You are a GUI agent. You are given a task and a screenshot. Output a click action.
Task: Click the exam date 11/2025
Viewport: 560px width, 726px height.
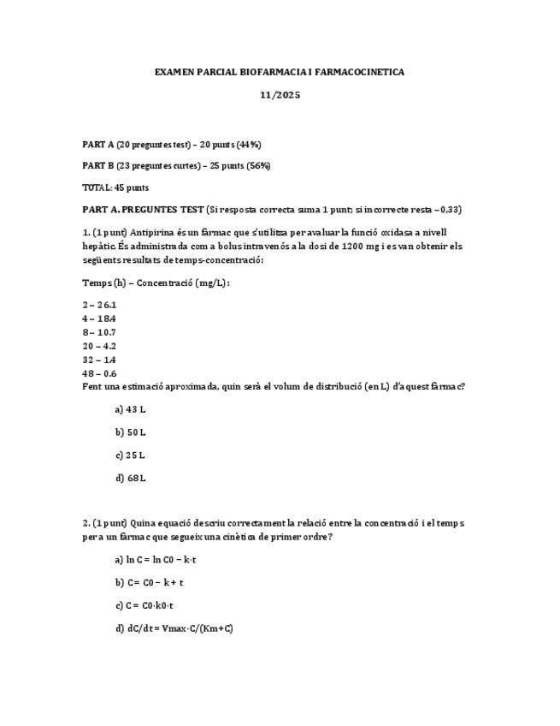[x=280, y=95]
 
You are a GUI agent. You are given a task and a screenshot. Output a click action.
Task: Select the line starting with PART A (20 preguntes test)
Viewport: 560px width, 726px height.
[x=171, y=145]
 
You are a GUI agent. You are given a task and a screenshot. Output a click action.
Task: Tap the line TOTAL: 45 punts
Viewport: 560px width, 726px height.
[x=115, y=187]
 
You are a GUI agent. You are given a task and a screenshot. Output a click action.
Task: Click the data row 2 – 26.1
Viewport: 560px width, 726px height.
[x=99, y=305]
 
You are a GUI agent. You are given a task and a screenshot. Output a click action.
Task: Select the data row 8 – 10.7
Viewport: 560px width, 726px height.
[x=99, y=332]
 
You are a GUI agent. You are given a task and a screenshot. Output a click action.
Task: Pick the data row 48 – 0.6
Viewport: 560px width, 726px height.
[x=99, y=373]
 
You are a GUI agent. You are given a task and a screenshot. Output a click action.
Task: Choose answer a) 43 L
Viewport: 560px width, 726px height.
[x=130, y=409]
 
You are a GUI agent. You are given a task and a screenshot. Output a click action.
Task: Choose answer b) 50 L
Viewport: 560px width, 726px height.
[x=130, y=432]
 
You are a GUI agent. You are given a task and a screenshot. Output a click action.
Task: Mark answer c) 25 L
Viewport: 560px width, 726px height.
[x=130, y=455]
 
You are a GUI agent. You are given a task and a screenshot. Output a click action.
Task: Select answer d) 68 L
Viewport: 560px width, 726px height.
[x=130, y=479]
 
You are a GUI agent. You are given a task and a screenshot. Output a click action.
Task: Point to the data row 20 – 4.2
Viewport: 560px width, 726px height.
[x=99, y=346]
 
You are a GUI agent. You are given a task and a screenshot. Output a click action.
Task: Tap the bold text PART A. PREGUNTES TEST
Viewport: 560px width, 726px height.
[x=143, y=210]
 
